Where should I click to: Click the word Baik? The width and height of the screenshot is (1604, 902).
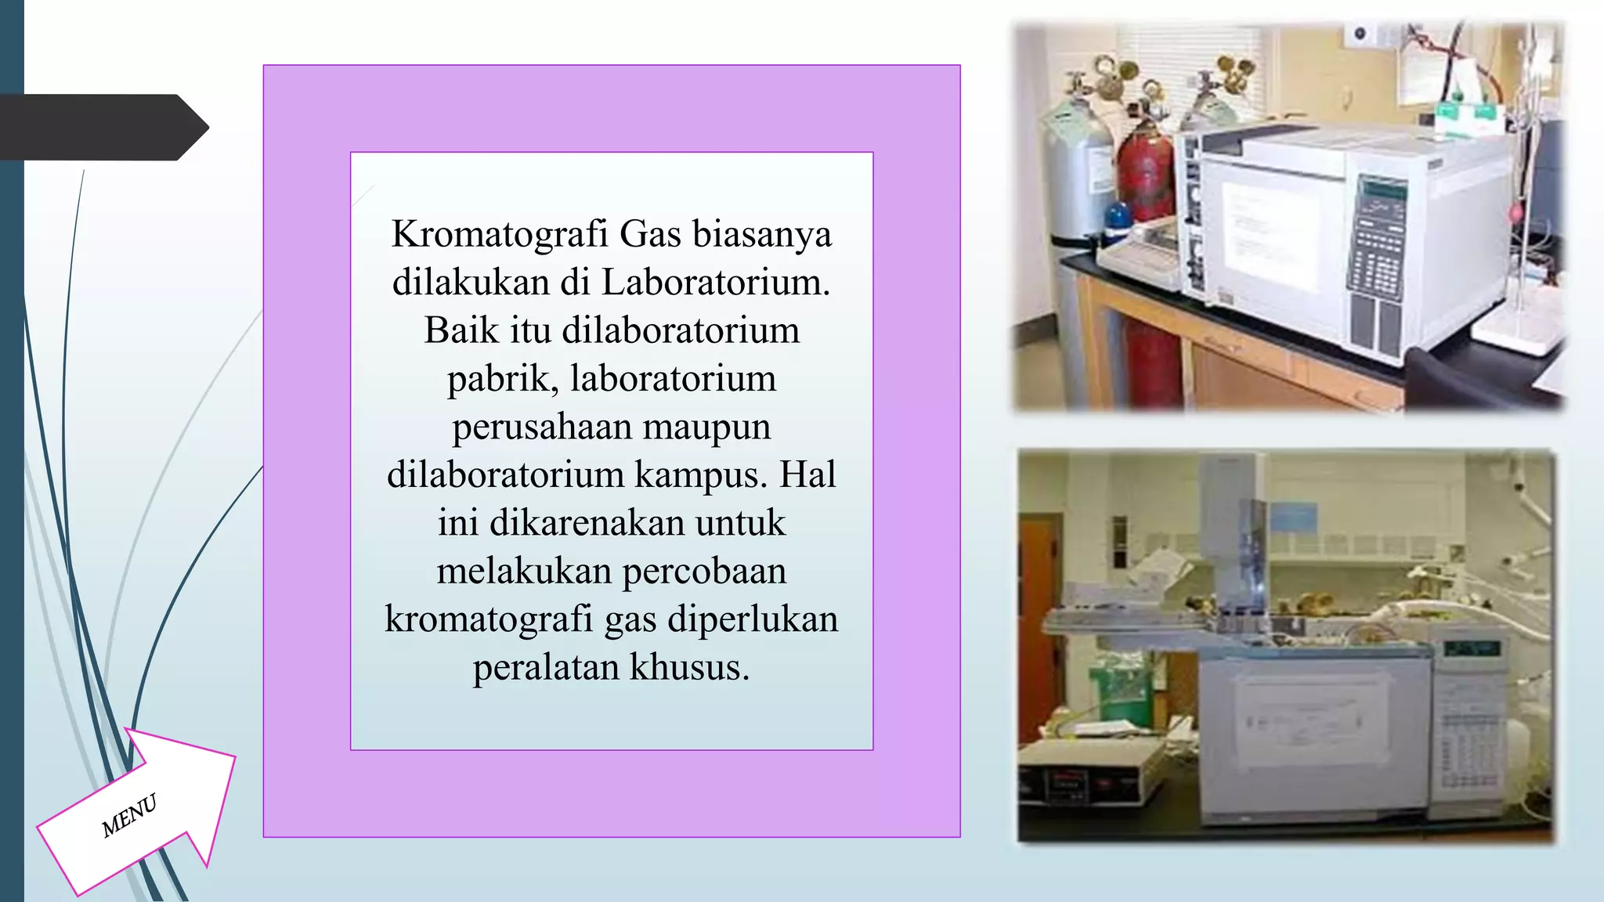[461, 330]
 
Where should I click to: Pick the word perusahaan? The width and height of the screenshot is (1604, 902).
[542, 428]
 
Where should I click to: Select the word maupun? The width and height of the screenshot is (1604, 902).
[706, 428]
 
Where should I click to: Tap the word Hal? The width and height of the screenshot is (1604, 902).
[807, 475]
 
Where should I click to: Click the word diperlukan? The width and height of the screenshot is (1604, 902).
[753, 619]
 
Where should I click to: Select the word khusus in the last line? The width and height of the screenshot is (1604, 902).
[689, 668]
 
